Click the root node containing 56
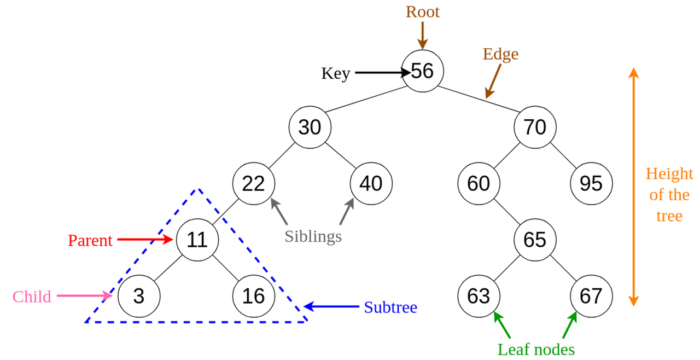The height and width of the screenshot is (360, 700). [423, 71]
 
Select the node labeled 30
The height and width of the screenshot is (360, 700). [310, 127]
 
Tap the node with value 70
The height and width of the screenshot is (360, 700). [535, 127]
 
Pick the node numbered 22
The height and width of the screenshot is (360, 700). [253, 183]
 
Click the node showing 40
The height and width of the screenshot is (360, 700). [371, 183]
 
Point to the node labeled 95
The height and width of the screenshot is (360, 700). [591, 183]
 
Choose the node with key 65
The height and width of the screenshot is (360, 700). [535, 240]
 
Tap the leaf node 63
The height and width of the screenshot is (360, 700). [479, 296]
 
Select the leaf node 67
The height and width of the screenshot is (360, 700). [591, 296]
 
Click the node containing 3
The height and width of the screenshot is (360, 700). [139, 296]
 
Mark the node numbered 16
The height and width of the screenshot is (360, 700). [253, 296]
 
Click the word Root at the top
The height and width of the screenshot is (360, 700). [423, 12]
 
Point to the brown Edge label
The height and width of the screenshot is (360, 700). [500, 54]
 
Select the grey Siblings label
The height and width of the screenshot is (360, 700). [313, 236]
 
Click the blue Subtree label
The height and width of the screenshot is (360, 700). [390, 307]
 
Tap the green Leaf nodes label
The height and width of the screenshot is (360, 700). [536, 350]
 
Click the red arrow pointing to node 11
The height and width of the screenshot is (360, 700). [145, 240]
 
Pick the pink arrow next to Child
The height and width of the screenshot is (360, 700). [84, 295]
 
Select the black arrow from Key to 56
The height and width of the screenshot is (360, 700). [383, 73]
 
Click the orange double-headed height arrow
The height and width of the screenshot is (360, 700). [633, 187]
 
